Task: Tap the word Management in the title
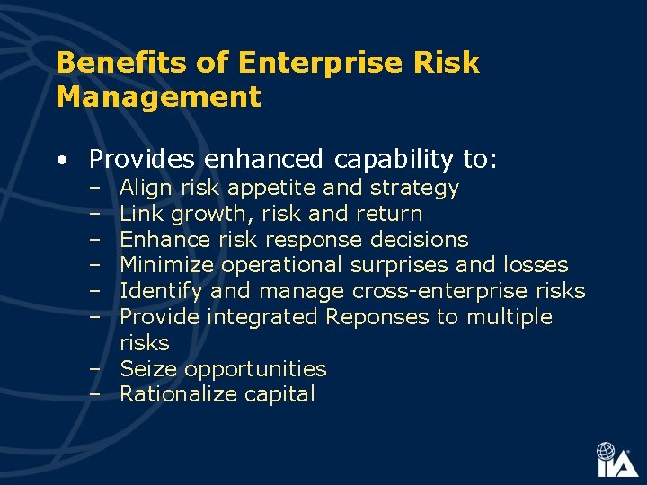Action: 158,96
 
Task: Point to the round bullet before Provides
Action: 59,161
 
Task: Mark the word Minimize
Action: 167,265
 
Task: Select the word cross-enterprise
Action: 440,291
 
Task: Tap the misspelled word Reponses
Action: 377,317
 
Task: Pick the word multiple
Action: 509,317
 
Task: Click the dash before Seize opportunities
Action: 94,369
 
